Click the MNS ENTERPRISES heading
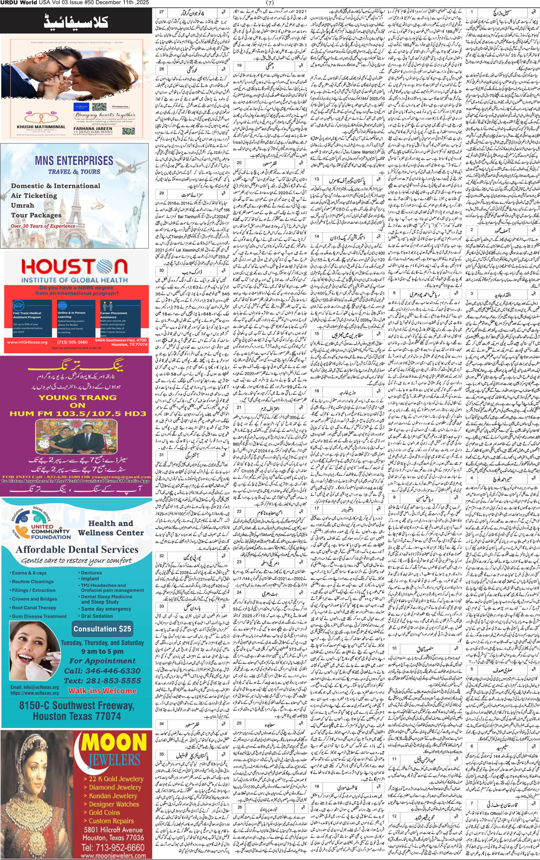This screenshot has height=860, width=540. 74,161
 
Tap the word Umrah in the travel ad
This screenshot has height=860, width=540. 22,205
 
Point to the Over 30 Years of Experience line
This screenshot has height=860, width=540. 43,226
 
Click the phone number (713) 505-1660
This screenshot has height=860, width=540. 72,342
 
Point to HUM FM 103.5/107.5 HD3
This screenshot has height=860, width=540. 78,413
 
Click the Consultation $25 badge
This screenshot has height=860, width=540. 103,629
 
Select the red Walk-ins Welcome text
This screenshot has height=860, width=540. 102,690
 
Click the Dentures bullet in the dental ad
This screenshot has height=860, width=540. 92,573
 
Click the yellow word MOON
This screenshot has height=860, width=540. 114,743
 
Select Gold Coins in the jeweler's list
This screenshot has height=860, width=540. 105,812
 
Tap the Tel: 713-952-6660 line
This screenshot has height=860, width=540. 113,848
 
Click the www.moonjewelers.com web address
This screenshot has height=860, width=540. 113,856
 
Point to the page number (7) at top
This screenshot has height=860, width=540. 270,3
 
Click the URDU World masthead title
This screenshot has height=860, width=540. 18,3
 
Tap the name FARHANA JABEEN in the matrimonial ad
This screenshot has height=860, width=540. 93,129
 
